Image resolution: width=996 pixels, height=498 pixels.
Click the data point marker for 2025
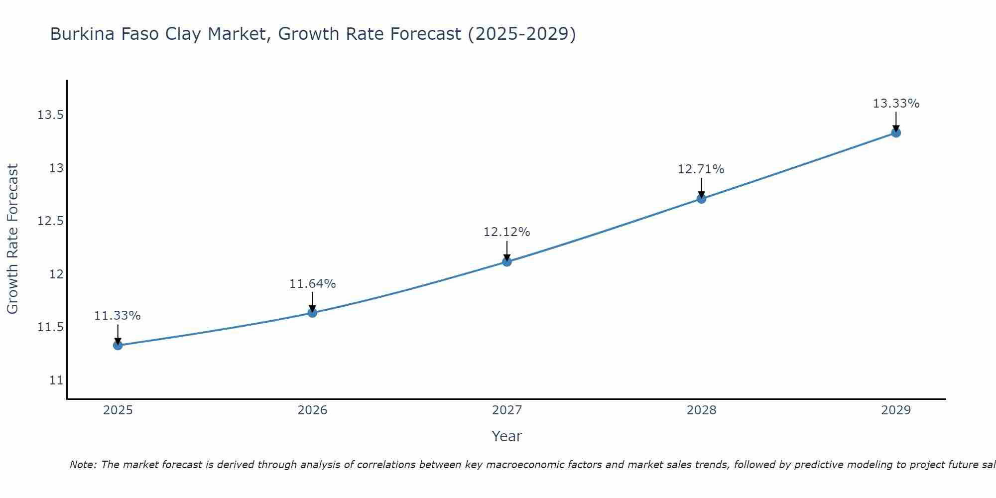click(x=118, y=345)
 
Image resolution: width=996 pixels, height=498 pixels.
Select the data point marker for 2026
click(x=312, y=313)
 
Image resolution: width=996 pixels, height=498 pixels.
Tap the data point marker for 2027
click(x=507, y=261)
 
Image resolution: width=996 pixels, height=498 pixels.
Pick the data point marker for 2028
click(x=701, y=199)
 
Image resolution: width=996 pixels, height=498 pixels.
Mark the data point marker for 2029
click(x=896, y=132)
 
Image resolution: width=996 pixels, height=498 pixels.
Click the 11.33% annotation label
click(x=118, y=316)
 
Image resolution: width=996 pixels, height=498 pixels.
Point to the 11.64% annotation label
click(x=312, y=284)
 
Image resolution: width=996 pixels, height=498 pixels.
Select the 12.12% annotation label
click(x=507, y=232)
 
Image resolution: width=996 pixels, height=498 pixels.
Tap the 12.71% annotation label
click(x=701, y=169)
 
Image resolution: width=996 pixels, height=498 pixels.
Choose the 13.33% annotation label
click(x=896, y=104)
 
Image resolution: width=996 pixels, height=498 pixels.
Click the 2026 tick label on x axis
click(x=312, y=410)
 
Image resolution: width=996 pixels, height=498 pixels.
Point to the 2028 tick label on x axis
click(x=701, y=410)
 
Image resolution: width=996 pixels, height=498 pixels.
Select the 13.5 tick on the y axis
click(x=51, y=116)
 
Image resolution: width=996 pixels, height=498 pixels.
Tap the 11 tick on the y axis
click(x=56, y=380)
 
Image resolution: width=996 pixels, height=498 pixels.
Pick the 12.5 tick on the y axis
click(x=51, y=221)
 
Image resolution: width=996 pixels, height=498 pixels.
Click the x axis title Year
click(x=506, y=436)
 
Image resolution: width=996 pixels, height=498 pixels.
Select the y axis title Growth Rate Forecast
click(x=12, y=239)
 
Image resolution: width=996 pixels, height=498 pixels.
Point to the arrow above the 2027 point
click(x=507, y=250)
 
